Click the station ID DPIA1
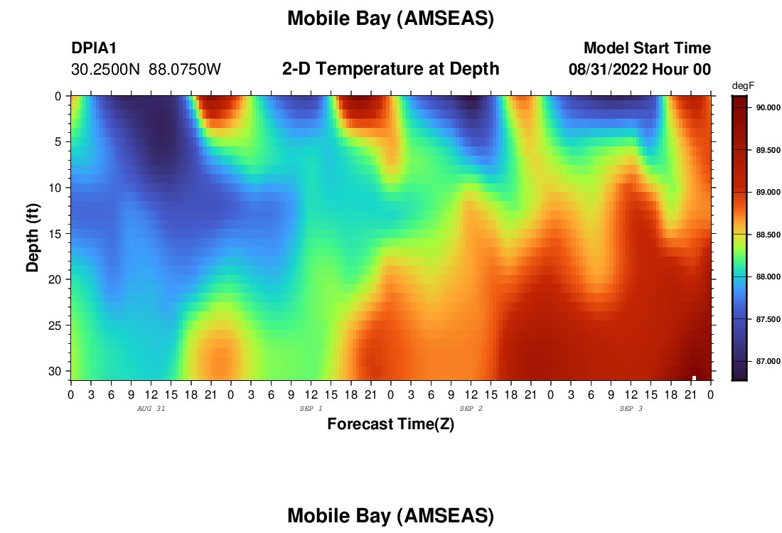pos(94,48)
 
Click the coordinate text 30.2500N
pos(106,70)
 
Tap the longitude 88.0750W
pos(185,70)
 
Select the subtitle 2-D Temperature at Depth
pos(390,68)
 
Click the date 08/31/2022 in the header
pos(608,70)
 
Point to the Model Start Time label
pos(648,48)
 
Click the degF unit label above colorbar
pos(743,86)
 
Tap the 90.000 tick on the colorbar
pos(768,108)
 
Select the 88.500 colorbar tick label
pos(768,235)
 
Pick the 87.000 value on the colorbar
pos(768,361)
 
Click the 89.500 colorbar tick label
pos(768,150)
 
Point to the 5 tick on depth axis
pos(58,142)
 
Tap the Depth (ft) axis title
pos(33,237)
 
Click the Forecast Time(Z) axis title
pos(390,424)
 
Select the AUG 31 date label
pos(151,409)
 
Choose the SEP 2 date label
pos(471,409)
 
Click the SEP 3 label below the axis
pos(631,409)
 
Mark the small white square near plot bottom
pos(694,378)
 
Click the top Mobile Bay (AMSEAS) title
pos(390,18)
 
